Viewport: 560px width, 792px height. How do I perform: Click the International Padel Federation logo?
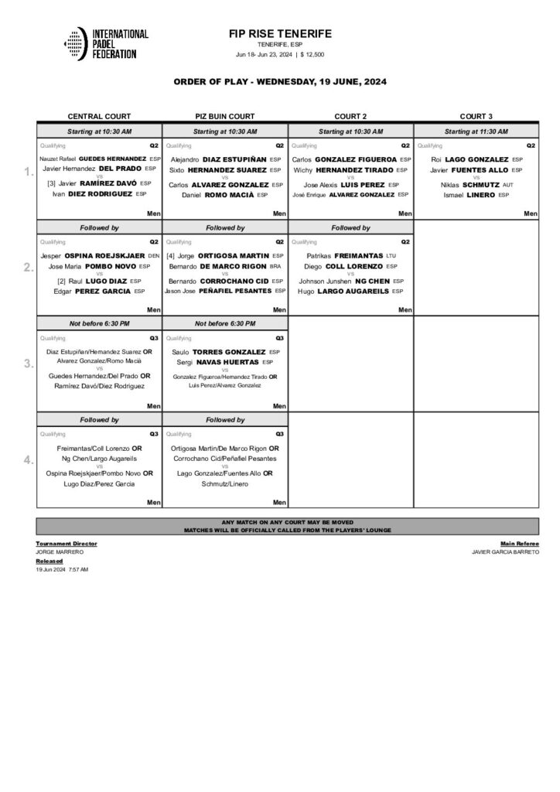click(105, 43)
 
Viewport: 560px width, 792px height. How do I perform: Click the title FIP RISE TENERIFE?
click(280, 34)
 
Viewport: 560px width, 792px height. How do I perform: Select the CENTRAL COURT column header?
click(99, 115)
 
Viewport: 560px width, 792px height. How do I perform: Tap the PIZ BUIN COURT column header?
click(225, 115)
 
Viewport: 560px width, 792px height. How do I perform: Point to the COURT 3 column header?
click(476, 115)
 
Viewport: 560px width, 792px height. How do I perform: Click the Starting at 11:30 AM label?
click(476, 132)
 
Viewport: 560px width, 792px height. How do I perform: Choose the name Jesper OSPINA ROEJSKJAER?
click(93, 255)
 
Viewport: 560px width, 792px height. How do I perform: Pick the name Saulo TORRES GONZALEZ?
click(218, 352)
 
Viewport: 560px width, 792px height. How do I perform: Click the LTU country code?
click(390, 255)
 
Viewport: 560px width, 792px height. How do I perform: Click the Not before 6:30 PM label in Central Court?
click(99, 323)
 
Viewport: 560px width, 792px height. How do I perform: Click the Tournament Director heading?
click(67, 544)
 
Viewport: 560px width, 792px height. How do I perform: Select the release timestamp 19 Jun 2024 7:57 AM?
click(62, 569)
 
